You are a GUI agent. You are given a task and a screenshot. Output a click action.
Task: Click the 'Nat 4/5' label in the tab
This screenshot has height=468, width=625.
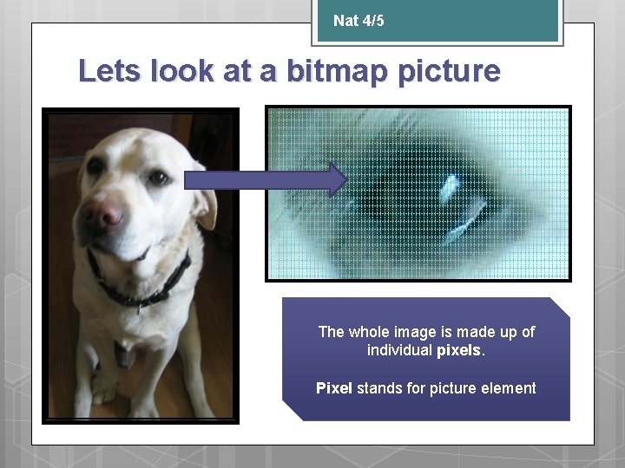pyautogui.click(x=358, y=21)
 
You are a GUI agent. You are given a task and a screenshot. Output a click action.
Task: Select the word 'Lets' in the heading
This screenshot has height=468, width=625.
pyautogui.click(x=110, y=71)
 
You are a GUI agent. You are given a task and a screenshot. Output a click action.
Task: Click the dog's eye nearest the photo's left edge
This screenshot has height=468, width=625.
pyautogui.click(x=94, y=166)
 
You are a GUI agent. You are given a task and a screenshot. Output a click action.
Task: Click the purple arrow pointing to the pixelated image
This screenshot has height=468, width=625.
pyautogui.click(x=265, y=180)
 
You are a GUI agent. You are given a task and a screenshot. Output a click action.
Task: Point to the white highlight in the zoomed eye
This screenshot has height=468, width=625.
pyautogui.click(x=451, y=184)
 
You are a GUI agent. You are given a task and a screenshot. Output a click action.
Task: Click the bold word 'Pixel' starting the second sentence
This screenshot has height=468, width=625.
pyautogui.click(x=334, y=388)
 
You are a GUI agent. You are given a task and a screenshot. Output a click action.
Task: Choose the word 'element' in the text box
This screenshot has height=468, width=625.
pyautogui.click(x=509, y=388)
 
